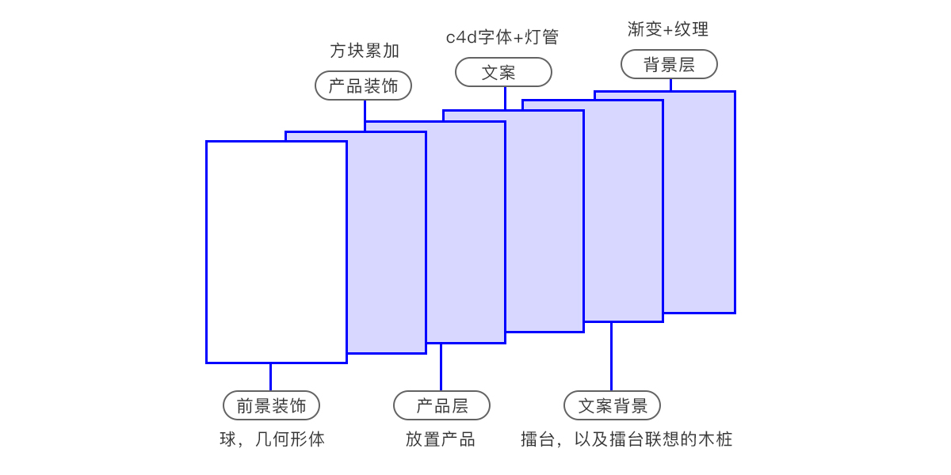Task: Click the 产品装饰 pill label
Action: (x=364, y=85)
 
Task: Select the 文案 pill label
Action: (x=503, y=72)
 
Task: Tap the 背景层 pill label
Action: (x=669, y=64)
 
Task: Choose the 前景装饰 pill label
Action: (x=271, y=405)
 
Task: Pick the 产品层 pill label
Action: (x=441, y=405)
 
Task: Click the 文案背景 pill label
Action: (x=612, y=405)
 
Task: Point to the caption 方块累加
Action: (x=365, y=51)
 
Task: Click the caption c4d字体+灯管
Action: (x=502, y=36)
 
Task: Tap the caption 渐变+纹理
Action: (x=668, y=29)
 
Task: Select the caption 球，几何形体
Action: (x=272, y=439)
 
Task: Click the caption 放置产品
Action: (x=441, y=439)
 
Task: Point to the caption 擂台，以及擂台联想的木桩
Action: (x=626, y=439)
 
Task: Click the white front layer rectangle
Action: (x=277, y=252)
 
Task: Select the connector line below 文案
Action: (x=505, y=98)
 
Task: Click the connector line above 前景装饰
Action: (x=270, y=377)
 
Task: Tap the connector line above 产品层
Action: (x=441, y=367)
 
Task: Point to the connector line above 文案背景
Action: (x=611, y=356)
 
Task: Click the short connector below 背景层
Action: (x=670, y=85)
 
